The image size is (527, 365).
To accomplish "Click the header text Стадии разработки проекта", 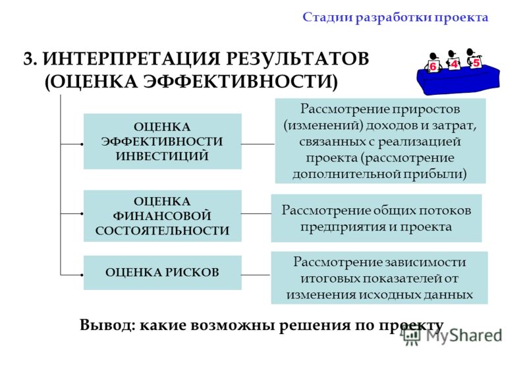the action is [x=395, y=18].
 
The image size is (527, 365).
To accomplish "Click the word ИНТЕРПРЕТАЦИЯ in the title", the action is [x=132, y=59].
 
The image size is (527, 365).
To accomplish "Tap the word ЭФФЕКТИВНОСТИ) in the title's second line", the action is [x=240, y=82].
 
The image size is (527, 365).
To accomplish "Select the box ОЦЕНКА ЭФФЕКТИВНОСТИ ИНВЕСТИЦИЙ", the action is [x=162, y=141].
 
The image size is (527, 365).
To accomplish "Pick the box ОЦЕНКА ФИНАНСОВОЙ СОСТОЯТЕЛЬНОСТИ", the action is [x=162, y=216].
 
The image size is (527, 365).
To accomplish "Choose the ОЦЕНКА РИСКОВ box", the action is [x=162, y=273].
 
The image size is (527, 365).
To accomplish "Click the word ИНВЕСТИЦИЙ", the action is [x=162, y=156].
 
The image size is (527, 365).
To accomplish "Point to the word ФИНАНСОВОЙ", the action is [x=162, y=216].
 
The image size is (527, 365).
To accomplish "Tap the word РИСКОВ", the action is [x=191, y=272].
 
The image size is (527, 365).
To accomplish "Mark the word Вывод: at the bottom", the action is [x=107, y=325].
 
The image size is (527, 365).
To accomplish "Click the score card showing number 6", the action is [x=433, y=66].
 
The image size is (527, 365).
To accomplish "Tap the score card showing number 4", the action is [x=454, y=64].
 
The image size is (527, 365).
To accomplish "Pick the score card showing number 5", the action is [x=476, y=62].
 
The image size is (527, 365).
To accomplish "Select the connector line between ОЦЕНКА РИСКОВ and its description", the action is [x=256, y=275].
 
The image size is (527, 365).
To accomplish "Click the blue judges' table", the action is [x=458, y=80].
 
